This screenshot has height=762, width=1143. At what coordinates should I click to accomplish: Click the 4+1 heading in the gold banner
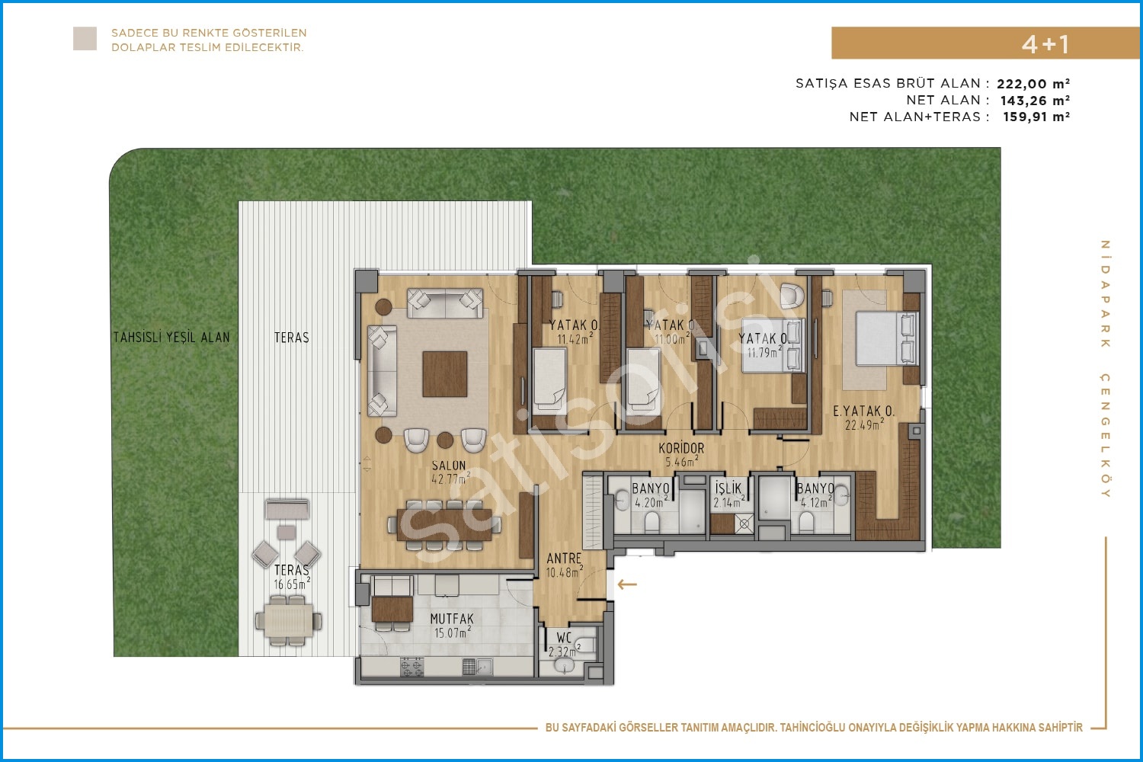pos(1045,44)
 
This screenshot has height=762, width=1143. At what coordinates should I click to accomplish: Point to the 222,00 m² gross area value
pos(1033,84)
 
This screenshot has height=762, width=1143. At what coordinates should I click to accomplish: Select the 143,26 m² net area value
pos(1035,101)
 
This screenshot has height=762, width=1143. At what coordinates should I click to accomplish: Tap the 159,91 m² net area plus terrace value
pos(1036,117)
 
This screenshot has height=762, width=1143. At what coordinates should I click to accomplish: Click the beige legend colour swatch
pos(85,39)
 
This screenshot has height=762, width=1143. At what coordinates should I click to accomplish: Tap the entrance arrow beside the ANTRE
pos(627,584)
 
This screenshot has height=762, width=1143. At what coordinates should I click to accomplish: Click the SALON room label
pos(449,466)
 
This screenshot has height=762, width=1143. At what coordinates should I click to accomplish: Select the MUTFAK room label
pos(452,619)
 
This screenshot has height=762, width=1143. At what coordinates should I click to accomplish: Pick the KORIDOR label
pos(681,449)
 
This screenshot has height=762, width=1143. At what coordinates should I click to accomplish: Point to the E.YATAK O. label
pos(863,411)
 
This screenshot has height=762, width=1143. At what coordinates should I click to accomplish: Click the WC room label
pos(564,638)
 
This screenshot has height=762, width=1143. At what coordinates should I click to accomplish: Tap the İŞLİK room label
pos(728,488)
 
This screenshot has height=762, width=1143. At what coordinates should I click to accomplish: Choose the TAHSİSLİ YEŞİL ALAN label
pos(171,338)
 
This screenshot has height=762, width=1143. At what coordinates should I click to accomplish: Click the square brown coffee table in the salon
pos(445,374)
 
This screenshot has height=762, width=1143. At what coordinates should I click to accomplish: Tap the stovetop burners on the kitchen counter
pos(411,667)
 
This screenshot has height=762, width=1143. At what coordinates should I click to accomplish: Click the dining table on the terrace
pos(288,620)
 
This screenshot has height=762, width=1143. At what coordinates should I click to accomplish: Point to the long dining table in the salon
pos(444,525)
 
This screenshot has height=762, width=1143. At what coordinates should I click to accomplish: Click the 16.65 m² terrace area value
pos(292,584)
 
